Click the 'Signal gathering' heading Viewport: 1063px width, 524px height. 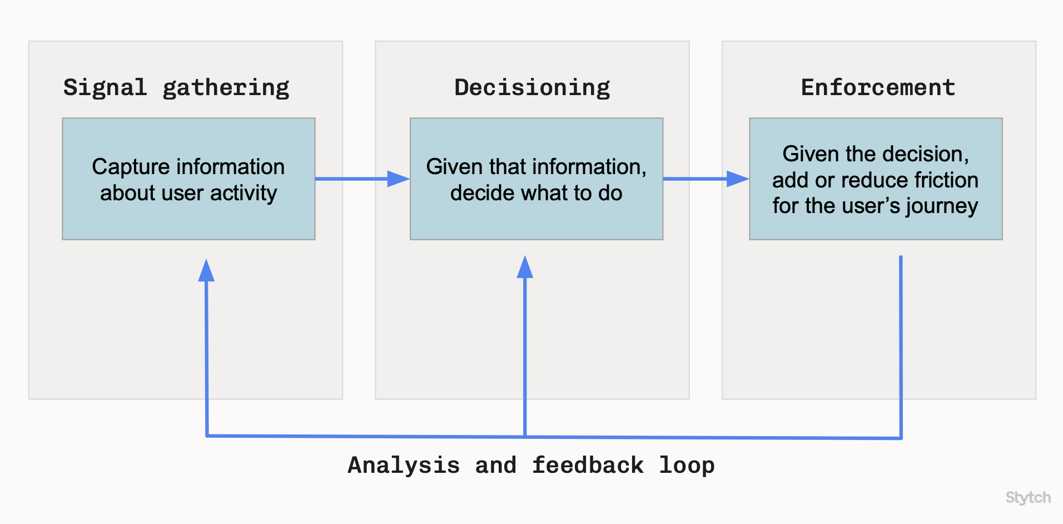click(x=176, y=87)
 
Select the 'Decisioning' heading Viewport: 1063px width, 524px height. click(x=532, y=87)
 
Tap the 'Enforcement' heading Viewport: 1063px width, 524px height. click(x=878, y=87)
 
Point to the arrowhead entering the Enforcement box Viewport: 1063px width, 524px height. click(x=738, y=179)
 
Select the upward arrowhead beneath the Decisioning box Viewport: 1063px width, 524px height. click(x=525, y=268)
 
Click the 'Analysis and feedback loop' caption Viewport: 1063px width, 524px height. click(x=531, y=465)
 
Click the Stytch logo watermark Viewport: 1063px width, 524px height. click(x=1028, y=497)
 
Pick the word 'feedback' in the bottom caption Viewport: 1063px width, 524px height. click(x=588, y=465)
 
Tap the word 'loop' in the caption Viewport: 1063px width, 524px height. click(x=687, y=465)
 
